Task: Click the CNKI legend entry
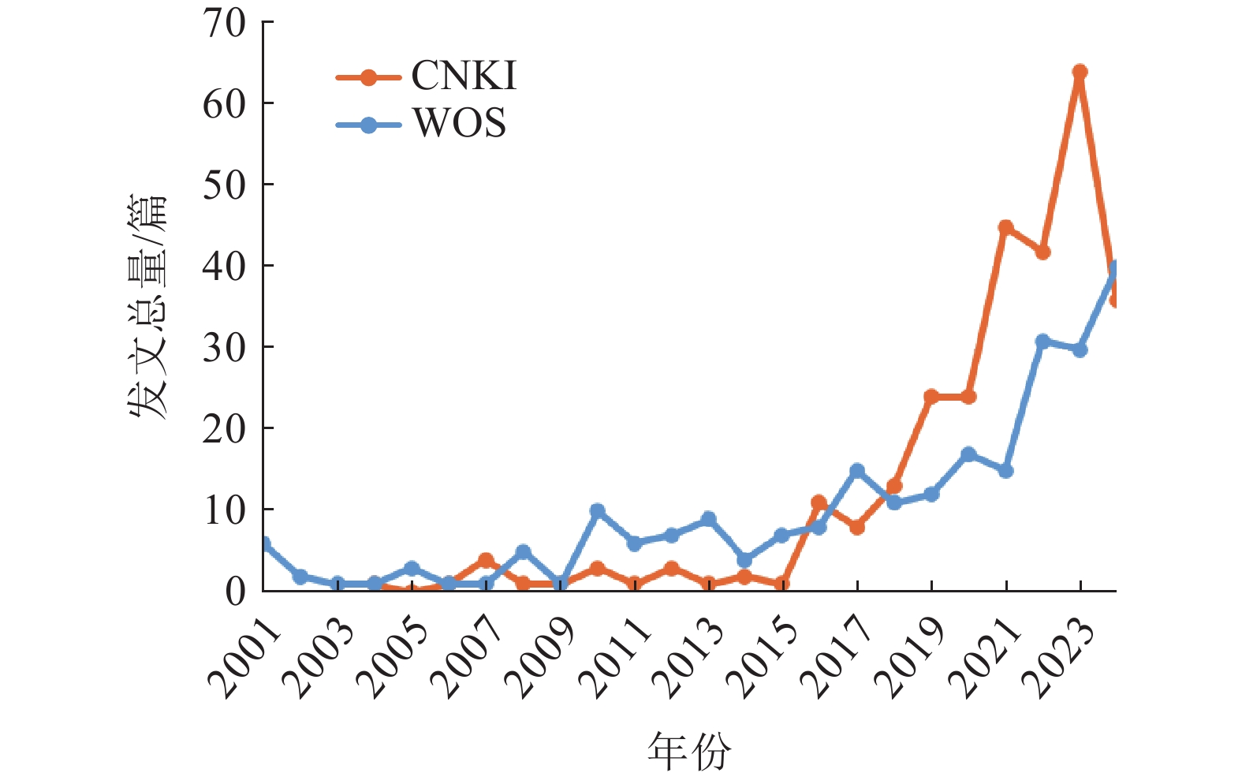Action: (426, 77)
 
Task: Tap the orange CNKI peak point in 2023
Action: (1080, 73)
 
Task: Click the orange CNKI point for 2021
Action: (1005, 228)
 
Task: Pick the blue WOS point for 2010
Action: (597, 511)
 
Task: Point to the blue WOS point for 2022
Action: (1042, 342)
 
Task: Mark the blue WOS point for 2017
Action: (857, 471)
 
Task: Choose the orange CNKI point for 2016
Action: (819, 502)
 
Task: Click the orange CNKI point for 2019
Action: (931, 397)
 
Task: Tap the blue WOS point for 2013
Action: (708, 519)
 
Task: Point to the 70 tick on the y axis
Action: (225, 24)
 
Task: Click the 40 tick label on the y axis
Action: (225, 266)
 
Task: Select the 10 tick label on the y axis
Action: (225, 510)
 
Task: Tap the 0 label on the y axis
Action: (235, 592)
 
